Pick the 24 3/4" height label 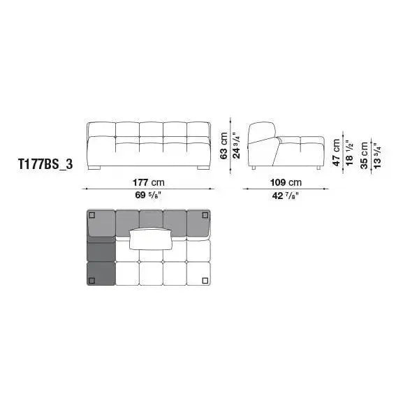pos(236,145)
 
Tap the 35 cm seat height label pos(364,154)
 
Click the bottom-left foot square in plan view pos(91,281)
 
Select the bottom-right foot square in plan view pos(205,281)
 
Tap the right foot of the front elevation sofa pos(203,168)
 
